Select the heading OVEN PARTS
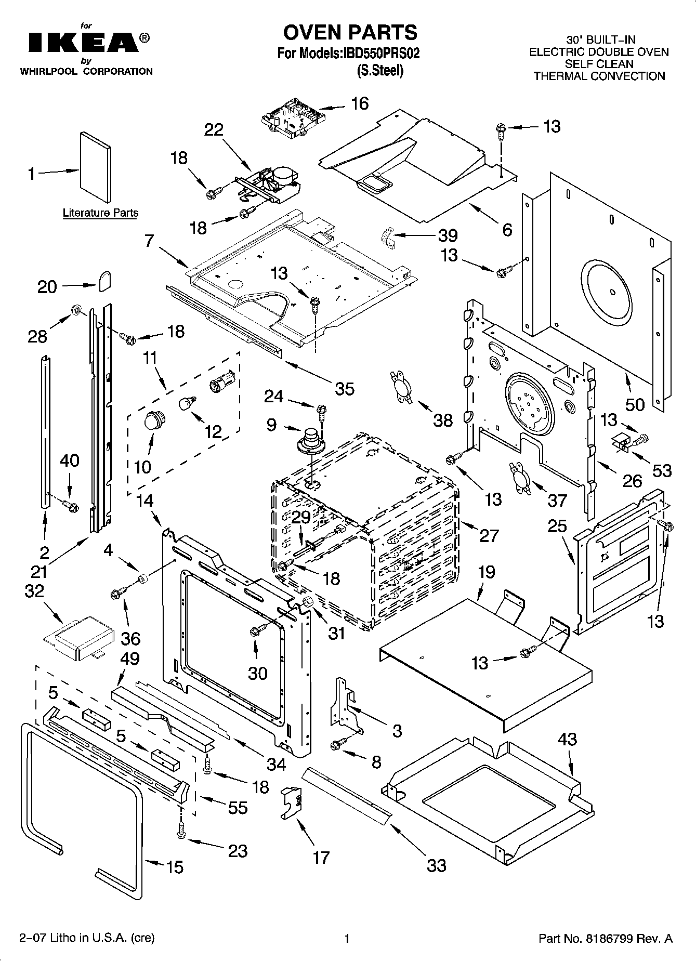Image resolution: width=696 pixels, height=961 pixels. pos(350,32)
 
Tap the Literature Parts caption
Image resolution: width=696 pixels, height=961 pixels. pos(100,213)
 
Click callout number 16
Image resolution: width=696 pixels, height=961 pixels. pos(359,103)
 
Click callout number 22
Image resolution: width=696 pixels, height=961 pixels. pos(213,129)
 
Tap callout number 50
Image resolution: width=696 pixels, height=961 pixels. pos(635,404)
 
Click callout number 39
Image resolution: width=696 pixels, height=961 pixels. pos(447,235)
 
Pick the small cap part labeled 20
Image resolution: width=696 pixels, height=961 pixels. pos(104,281)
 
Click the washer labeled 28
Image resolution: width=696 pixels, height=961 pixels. pos(76,310)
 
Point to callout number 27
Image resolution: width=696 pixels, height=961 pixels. pos(489,535)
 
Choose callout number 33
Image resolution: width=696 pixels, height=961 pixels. pos(437,865)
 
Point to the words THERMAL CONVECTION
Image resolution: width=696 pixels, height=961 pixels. pos(599,76)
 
